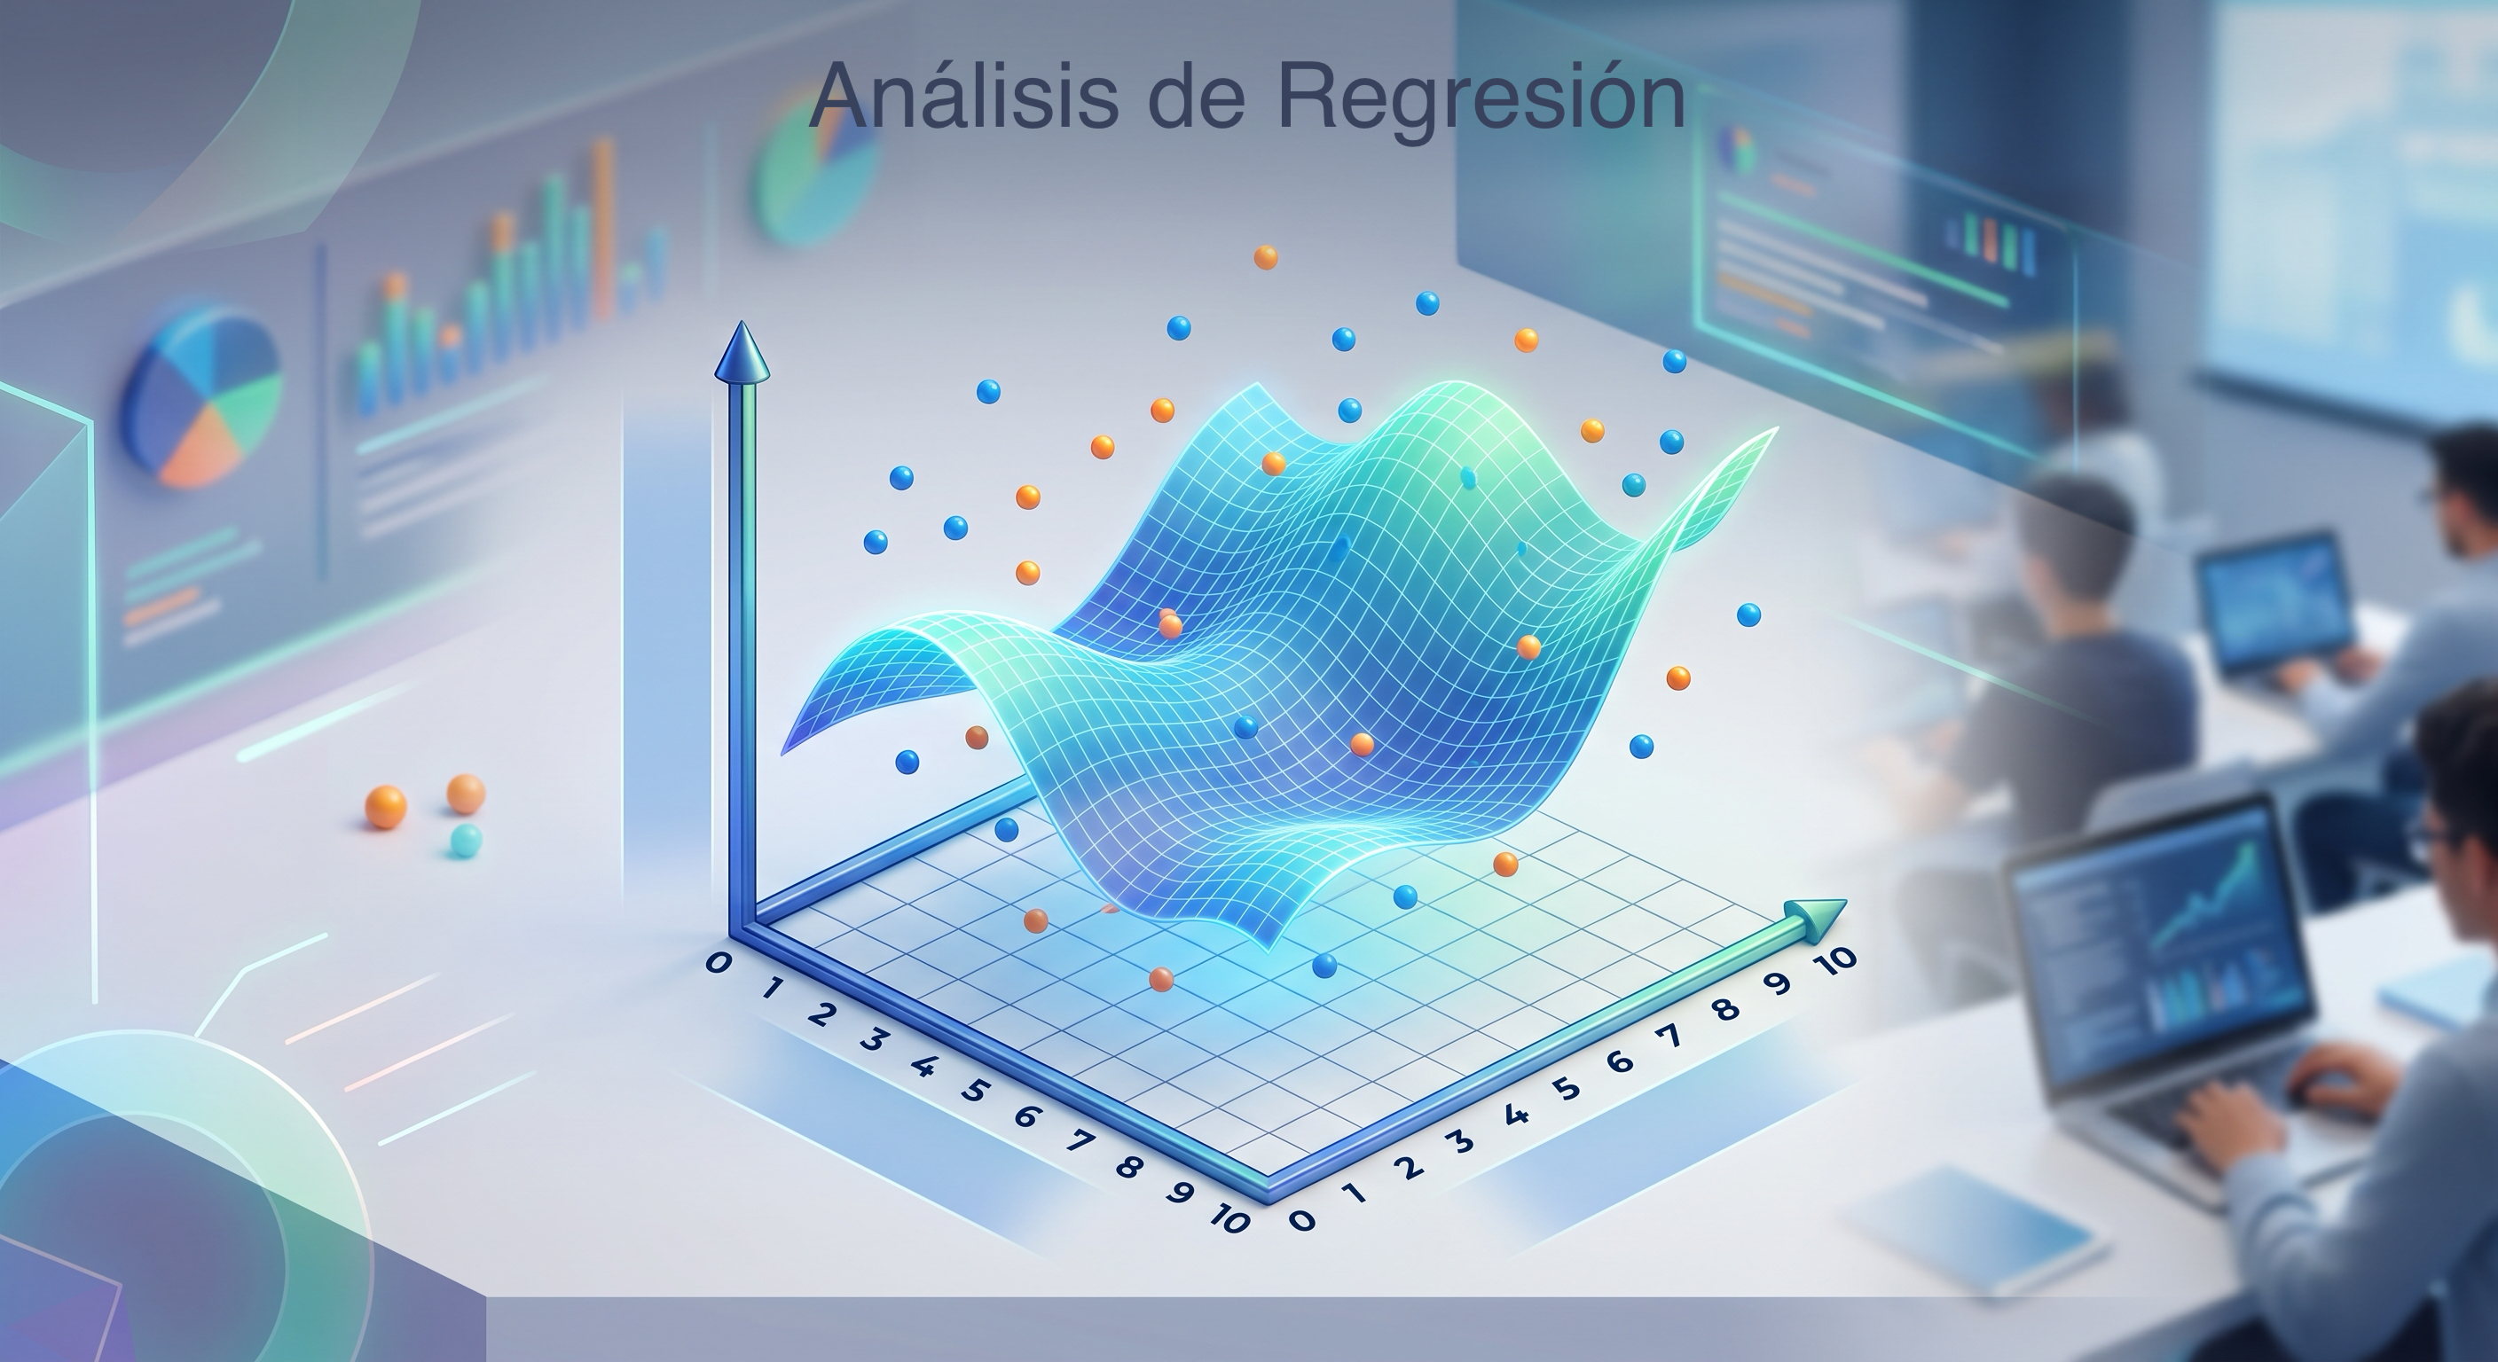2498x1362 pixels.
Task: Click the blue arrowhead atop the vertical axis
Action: click(742, 351)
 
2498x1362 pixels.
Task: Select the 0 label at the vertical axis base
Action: click(718, 961)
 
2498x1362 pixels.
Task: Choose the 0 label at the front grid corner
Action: click(1302, 1219)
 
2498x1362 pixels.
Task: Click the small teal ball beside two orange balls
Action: click(466, 841)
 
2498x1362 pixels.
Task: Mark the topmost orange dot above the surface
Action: click(1266, 257)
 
